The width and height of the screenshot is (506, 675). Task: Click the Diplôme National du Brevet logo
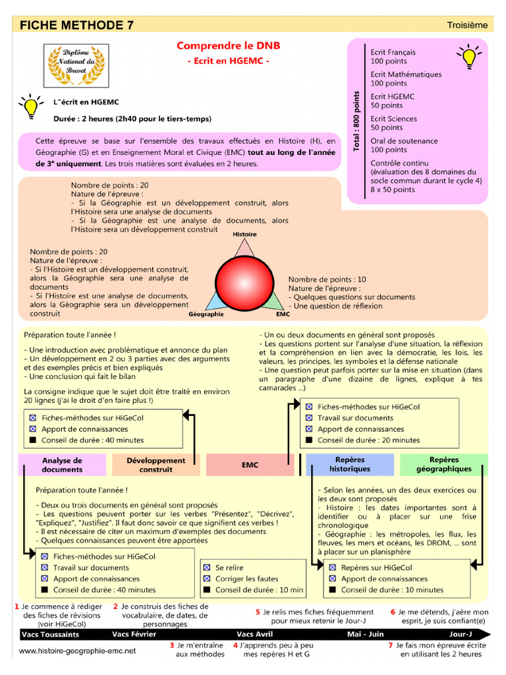(x=76, y=65)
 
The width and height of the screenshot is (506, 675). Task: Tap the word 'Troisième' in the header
(x=467, y=25)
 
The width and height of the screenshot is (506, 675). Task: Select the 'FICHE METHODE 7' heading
(x=76, y=25)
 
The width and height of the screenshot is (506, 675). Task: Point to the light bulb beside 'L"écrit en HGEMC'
(x=30, y=107)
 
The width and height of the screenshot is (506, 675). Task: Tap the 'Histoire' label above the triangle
(x=244, y=235)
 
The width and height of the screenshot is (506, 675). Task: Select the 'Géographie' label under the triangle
(x=206, y=314)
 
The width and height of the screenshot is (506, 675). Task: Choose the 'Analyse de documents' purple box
(x=62, y=465)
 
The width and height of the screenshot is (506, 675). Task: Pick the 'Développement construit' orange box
(x=155, y=465)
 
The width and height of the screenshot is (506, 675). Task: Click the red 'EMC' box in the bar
(x=250, y=465)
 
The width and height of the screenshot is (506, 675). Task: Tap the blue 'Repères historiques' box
(x=350, y=464)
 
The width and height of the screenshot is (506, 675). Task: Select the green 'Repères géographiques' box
(x=443, y=464)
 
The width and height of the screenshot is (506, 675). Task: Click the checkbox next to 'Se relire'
(x=206, y=568)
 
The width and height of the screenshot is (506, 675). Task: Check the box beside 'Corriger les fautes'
(x=206, y=579)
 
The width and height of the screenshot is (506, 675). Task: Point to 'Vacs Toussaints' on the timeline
(x=50, y=634)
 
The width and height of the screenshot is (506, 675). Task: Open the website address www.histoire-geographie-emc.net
(x=77, y=651)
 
